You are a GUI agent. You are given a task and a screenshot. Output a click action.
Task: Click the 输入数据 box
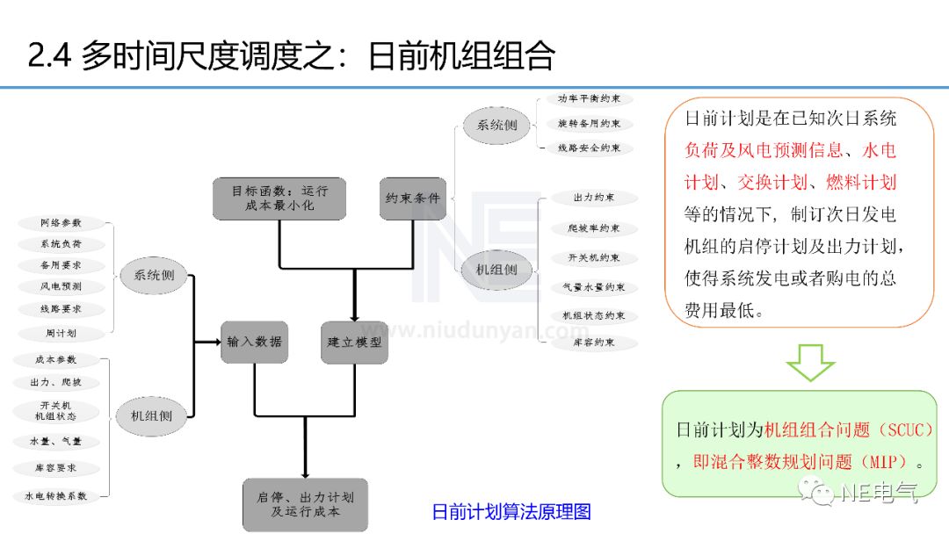(254, 342)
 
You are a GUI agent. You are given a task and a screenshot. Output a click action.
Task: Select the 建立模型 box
(353, 342)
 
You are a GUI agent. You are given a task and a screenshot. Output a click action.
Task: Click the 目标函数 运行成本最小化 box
(279, 198)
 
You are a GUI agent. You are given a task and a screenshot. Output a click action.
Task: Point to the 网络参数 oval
(61, 223)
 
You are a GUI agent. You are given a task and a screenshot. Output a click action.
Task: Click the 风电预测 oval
(61, 286)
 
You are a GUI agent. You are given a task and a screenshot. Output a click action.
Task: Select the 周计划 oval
(61, 334)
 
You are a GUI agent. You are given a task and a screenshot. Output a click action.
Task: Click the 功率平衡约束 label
(589, 99)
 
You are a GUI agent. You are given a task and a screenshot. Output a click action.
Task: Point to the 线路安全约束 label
(589, 148)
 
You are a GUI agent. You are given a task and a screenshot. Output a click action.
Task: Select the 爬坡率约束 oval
(594, 228)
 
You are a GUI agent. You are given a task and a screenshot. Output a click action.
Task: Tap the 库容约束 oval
(594, 343)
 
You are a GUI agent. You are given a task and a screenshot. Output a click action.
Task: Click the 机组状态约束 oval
(594, 315)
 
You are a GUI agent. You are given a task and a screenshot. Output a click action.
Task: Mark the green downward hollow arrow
(809, 362)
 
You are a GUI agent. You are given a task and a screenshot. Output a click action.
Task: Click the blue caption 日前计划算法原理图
(511, 512)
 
